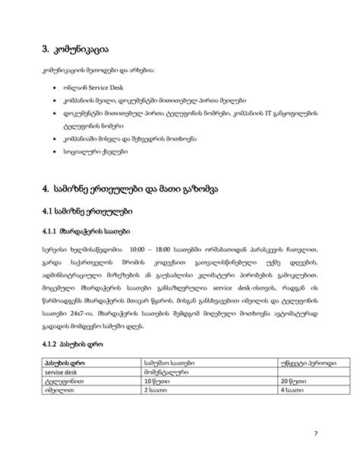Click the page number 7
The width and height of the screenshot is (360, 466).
315,434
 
